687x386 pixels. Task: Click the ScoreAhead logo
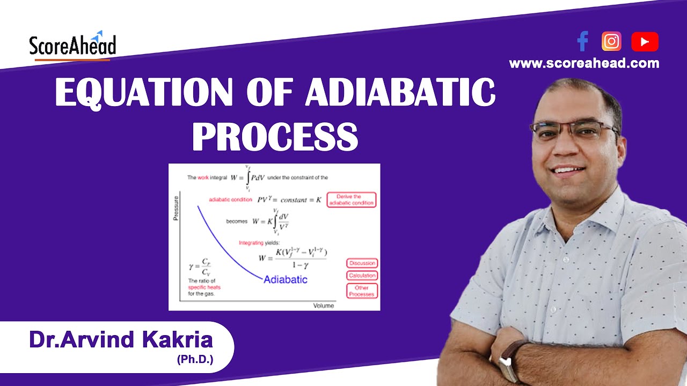coord(72,46)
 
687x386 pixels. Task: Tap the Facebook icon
coord(582,41)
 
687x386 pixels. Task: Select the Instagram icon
coord(611,41)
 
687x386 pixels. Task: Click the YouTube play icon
coord(645,42)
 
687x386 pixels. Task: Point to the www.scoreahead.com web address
coord(584,63)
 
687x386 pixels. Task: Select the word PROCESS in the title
coord(275,137)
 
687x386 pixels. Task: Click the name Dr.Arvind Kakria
coord(121,340)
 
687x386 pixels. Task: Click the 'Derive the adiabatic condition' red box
coord(352,200)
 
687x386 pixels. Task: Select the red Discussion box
coord(362,263)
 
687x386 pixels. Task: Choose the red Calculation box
coord(362,276)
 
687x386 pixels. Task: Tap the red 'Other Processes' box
coord(362,291)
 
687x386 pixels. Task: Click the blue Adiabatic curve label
coord(285,279)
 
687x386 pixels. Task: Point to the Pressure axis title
coord(176,209)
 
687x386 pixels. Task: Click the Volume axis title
coord(323,306)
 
